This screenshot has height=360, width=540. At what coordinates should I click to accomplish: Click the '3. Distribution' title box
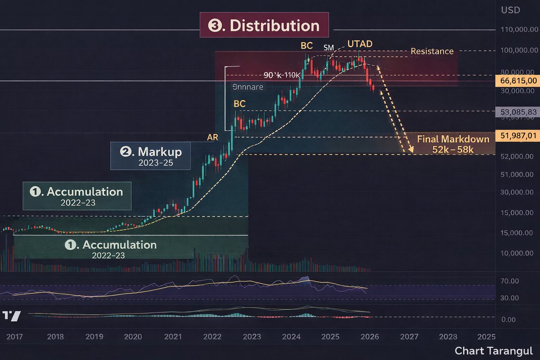click(264, 26)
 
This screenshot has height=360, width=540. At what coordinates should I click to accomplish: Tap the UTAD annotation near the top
click(360, 44)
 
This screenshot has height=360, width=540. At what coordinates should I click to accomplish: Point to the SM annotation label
click(329, 47)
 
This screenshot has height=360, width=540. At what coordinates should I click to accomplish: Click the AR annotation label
click(213, 138)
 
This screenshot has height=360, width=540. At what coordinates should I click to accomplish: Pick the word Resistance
click(432, 51)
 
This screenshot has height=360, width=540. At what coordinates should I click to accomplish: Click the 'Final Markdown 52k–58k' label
click(453, 144)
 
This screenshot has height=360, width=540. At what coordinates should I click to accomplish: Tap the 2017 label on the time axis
click(15, 337)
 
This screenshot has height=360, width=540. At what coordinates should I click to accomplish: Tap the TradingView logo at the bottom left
click(11, 315)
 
